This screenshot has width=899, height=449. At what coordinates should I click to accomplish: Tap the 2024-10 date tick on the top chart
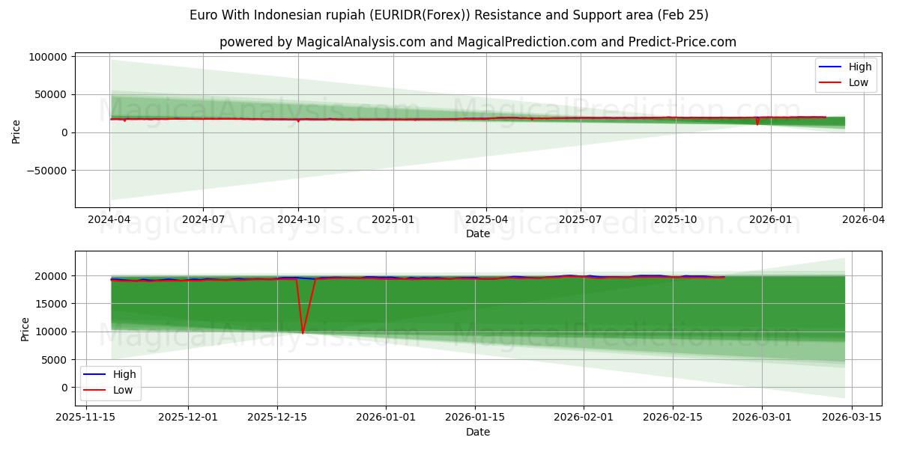click(298, 220)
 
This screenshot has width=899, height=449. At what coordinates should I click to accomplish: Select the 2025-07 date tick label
click(581, 220)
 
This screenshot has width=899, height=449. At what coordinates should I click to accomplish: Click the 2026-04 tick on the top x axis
click(864, 220)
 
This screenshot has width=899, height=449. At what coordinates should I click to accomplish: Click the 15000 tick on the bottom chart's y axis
click(54, 304)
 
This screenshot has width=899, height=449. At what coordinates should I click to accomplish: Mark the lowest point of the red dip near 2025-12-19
click(303, 333)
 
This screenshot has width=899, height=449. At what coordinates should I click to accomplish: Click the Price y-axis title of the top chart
click(16, 131)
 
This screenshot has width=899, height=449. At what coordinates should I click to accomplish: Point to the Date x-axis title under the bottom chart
click(478, 432)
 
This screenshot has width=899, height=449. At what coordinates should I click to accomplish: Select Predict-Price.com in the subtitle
click(689, 42)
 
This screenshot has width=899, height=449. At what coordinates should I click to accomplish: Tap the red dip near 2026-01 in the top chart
click(757, 123)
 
